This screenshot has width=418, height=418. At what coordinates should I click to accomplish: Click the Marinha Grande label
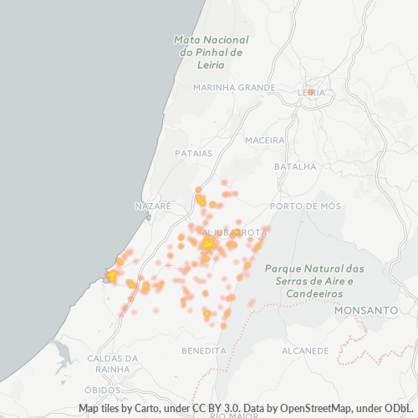pyautogui.click(x=233, y=87)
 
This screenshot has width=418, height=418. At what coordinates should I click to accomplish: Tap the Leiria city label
pyautogui.click(x=311, y=92)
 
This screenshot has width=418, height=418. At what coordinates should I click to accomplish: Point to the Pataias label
pyautogui.click(x=194, y=154)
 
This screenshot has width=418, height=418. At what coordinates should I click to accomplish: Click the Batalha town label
pyautogui.click(x=295, y=166)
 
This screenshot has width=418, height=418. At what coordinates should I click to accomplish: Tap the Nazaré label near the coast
pyautogui.click(x=152, y=206)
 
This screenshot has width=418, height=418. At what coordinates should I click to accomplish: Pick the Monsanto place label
pyautogui.click(x=365, y=309)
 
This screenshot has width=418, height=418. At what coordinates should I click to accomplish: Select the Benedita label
pyautogui.click(x=204, y=349)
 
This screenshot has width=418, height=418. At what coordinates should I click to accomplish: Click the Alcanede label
pyautogui.click(x=304, y=349)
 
